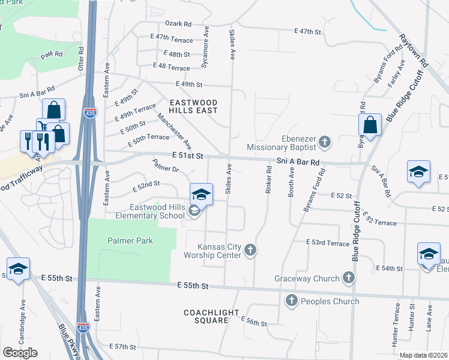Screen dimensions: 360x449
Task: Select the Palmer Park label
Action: click(130, 241)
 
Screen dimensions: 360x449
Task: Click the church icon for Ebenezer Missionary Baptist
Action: click(325, 142)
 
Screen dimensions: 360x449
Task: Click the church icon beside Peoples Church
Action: click(291, 301)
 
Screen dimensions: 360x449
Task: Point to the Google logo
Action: click(20, 353)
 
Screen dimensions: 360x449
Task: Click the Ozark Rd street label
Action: click(179, 24)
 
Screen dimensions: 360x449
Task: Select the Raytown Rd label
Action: click(412, 50)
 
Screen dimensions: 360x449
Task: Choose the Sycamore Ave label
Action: click(206, 39)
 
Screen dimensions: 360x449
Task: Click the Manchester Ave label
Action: click(174, 131)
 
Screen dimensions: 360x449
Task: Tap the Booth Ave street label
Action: click(292, 180)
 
